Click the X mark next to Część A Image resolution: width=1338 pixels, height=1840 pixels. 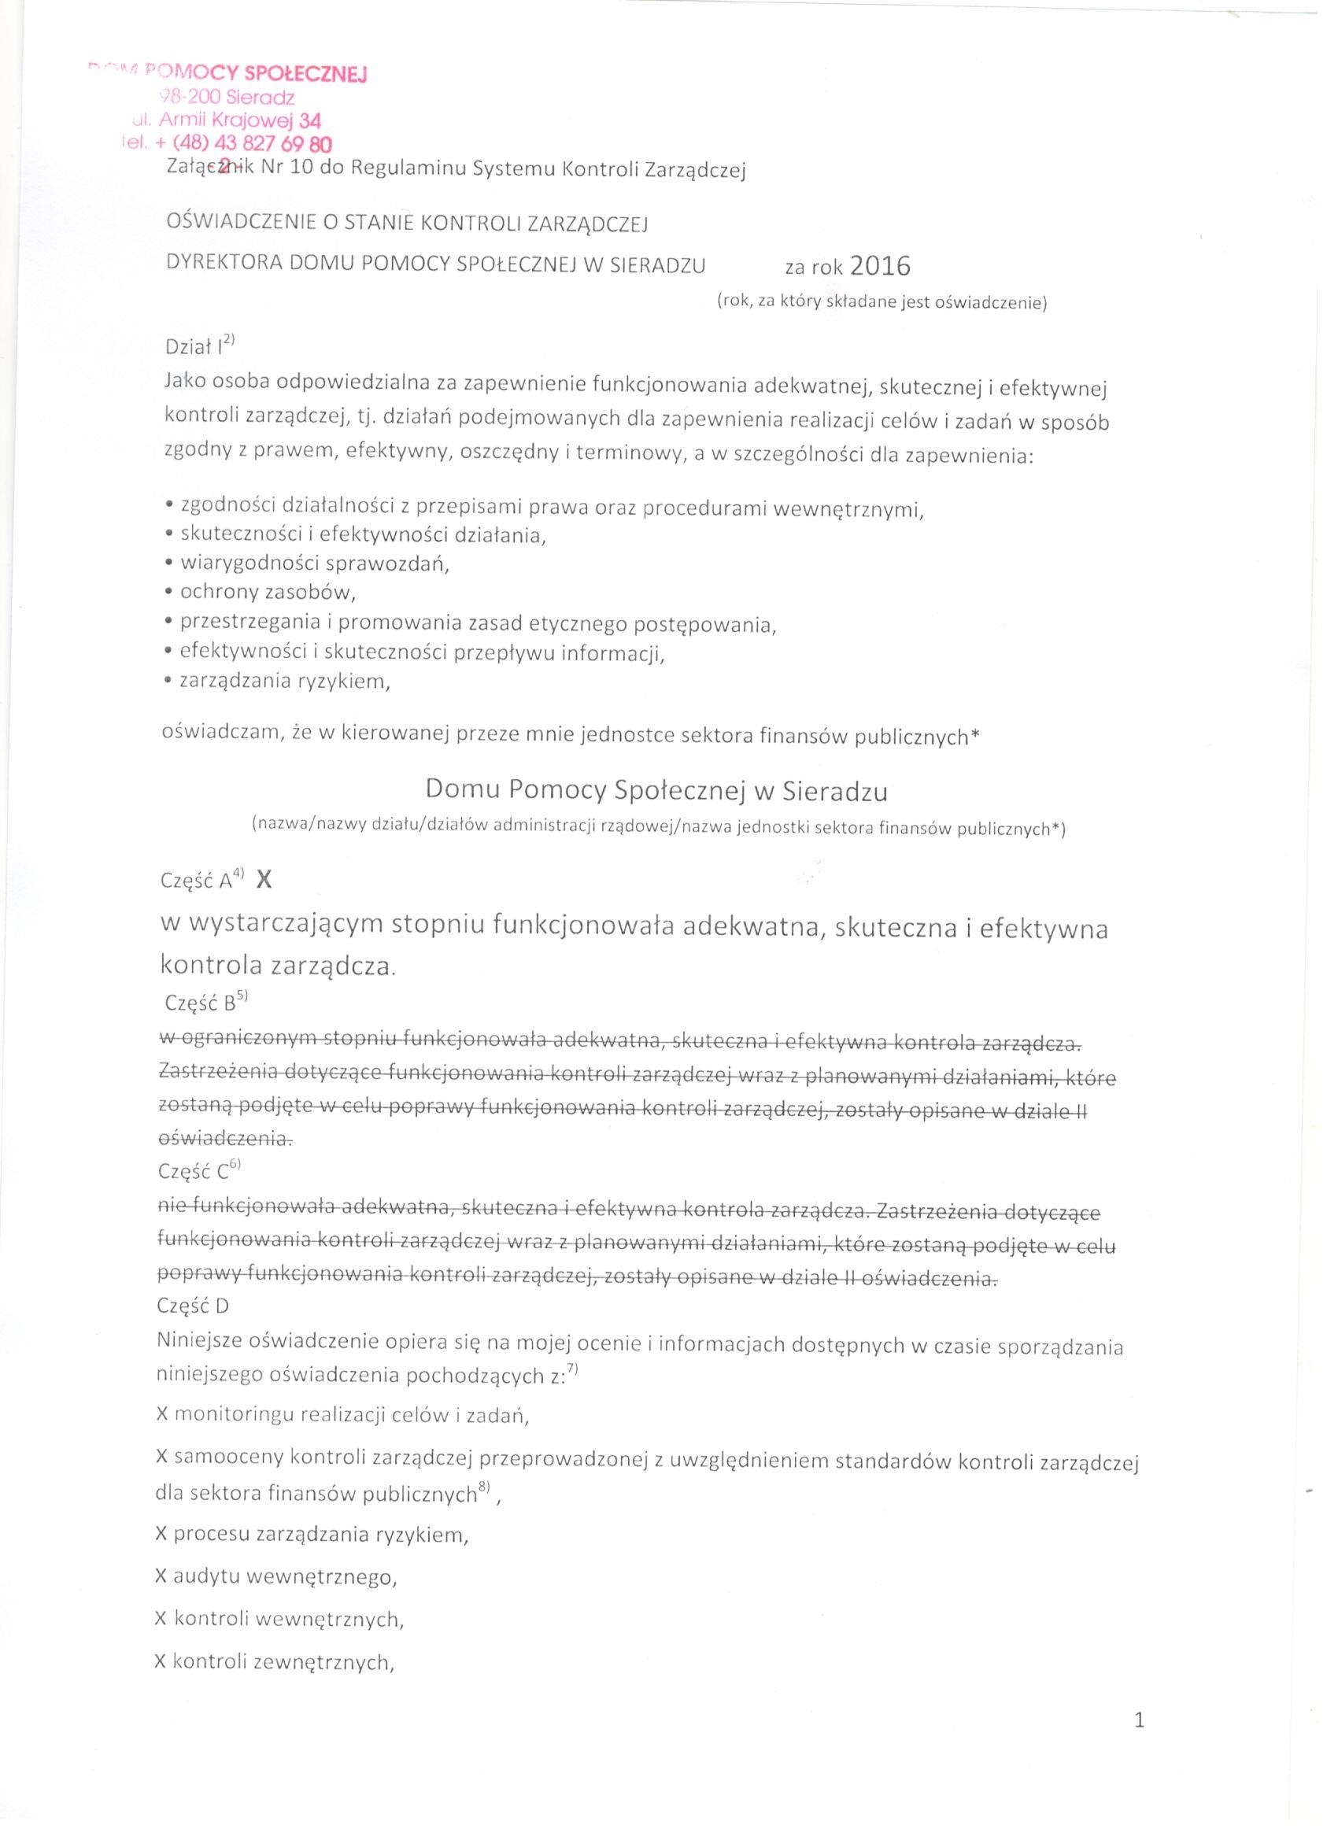[x=264, y=880]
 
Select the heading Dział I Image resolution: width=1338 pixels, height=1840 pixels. [x=194, y=347]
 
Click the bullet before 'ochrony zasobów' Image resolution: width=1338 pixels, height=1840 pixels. [x=168, y=593]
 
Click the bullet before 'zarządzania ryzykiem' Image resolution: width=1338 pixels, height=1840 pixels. [x=168, y=682]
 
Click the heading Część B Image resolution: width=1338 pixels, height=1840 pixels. [x=200, y=1003]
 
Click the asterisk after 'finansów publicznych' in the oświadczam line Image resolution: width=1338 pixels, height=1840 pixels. [x=975, y=735]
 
